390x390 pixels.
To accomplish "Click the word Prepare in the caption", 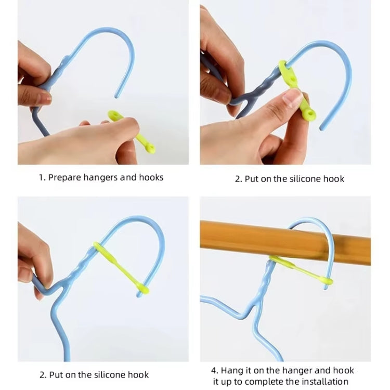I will (64, 178).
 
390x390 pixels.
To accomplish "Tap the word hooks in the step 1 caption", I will (151, 178).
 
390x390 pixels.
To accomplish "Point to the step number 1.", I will (41, 178).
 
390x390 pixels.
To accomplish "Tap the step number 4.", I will (214, 370).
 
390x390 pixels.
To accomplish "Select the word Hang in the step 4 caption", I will (232, 370).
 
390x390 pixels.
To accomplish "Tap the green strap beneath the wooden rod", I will (302, 270).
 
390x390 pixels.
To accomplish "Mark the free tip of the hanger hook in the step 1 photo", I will (118, 96).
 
